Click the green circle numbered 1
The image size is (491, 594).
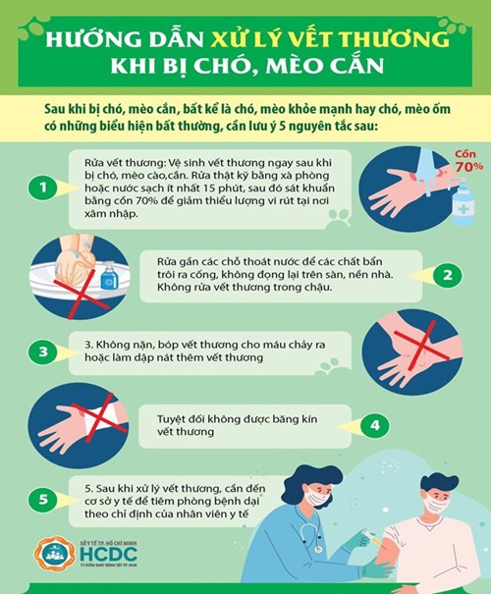[x=42, y=186]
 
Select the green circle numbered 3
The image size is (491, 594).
[x=42, y=351]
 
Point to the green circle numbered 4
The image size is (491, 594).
[x=373, y=425]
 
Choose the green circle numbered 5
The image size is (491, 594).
[x=42, y=501]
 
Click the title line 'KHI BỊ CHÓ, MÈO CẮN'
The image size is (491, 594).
[x=245, y=72]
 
